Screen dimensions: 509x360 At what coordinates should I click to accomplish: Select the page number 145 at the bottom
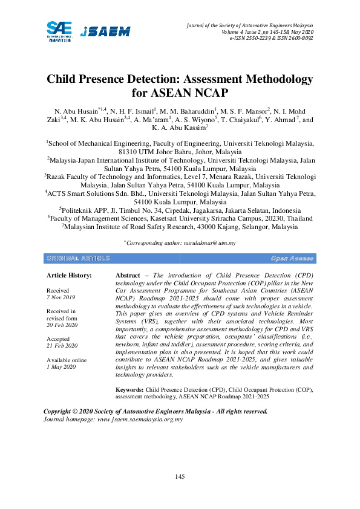tap(180, 478)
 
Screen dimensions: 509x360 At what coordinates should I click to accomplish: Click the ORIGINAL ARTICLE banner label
tap(78, 258)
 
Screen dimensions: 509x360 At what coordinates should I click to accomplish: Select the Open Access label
tap(292, 258)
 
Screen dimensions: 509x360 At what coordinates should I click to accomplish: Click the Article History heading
tap(70, 276)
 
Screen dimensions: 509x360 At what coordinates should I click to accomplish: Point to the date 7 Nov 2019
tap(61, 297)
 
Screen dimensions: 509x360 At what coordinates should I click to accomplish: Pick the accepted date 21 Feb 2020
tap(62, 345)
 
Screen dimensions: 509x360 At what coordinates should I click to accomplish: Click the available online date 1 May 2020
tap(61, 367)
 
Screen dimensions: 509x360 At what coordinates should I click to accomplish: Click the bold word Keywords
tap(129, 391)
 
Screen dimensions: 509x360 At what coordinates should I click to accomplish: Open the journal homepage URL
tap(140, 419)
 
